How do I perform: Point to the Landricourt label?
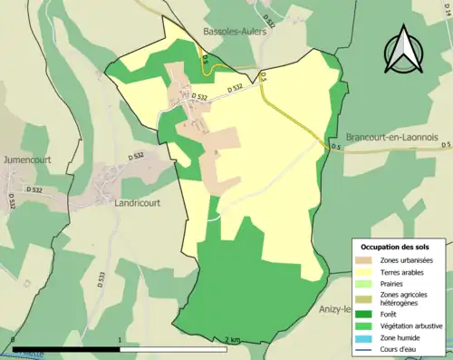(137, 203)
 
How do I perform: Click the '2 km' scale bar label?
(234, 340)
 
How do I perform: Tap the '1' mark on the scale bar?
(120, 340)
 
